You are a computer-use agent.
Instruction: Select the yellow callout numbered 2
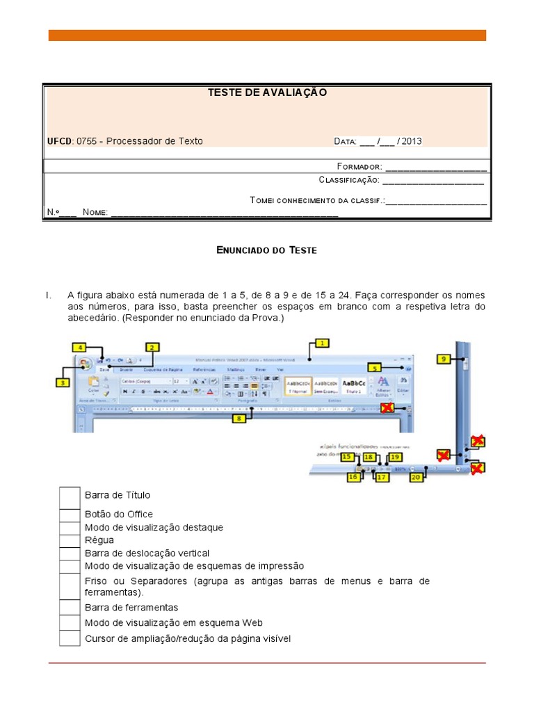coord(152,346)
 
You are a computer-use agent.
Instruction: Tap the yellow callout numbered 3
coord(63,381)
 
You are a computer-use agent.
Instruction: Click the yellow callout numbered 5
coord(375,368)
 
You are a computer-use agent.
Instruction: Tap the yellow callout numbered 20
coord(416,478)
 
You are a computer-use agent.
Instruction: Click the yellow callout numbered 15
coord(348,457)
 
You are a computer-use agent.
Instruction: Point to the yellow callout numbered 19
coord(395,457)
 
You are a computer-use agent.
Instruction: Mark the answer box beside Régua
coord(70,540)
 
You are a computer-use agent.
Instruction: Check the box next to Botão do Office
coord(70,515)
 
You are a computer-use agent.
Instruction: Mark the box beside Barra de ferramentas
coord(70,608)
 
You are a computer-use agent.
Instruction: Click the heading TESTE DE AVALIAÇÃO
coord(267,92)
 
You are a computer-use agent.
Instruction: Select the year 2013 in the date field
coord(411,141)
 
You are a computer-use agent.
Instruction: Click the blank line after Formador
coord(436,168)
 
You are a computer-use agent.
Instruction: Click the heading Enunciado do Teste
coord(267,250)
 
